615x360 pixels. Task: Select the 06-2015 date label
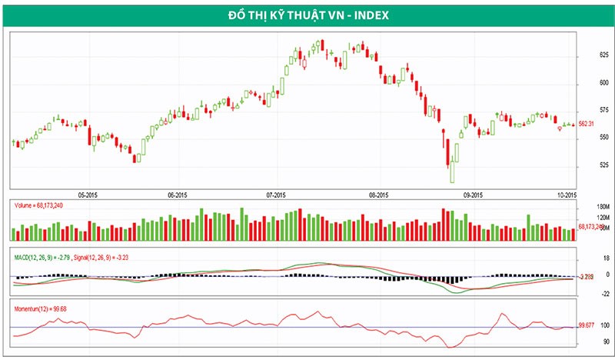[x=178, y=195]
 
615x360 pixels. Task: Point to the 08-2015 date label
[x=378, y=195]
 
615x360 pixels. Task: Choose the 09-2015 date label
[x=473, y=195]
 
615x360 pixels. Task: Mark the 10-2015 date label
[x=567, y=195]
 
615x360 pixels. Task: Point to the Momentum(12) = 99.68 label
[x=40, y=308]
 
